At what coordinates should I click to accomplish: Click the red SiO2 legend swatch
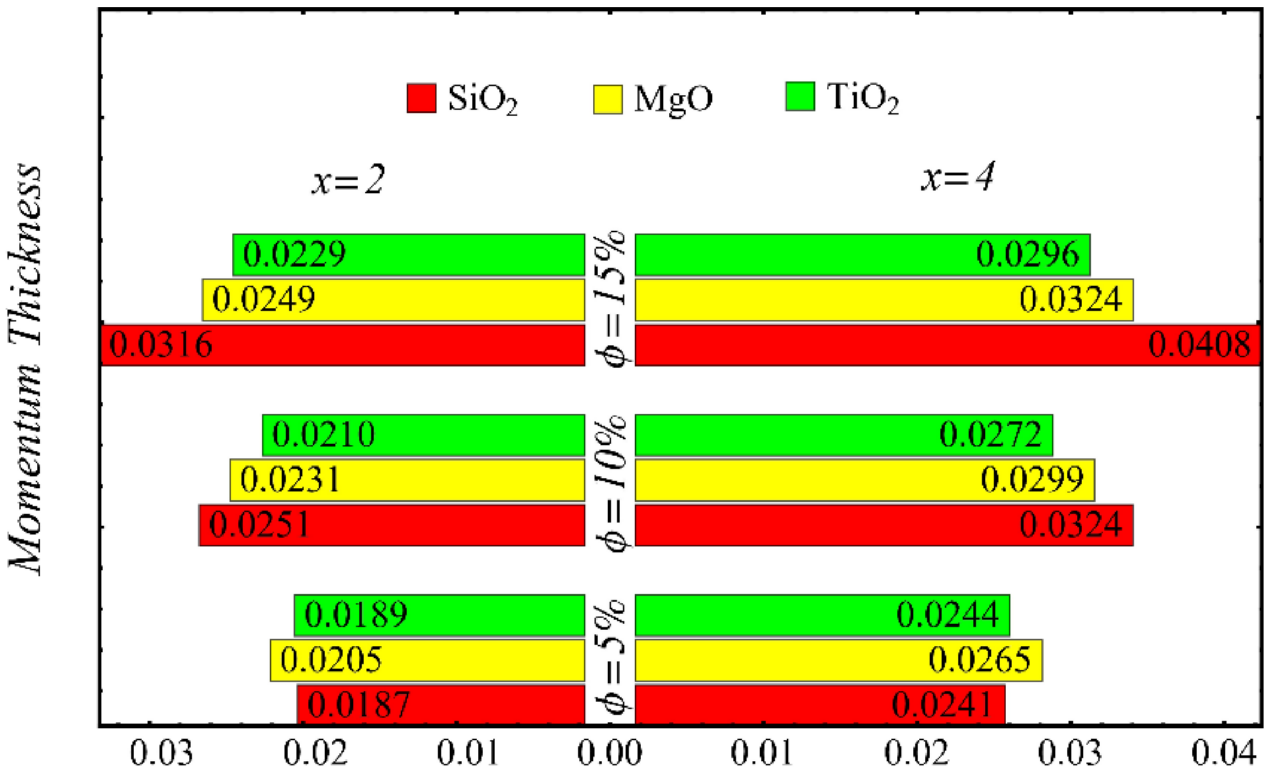coord(421,98)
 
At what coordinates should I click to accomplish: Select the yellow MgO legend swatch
coord(607,99)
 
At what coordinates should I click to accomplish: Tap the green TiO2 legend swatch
coord(800,97)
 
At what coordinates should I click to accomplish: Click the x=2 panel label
coord(348,180)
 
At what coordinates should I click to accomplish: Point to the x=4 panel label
coord(957,177)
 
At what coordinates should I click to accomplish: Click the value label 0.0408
coord(1199,345)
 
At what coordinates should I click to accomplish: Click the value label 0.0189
coord(356,614)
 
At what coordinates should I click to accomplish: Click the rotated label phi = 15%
coord(610,298)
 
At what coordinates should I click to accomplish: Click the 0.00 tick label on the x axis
coord(610,753)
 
